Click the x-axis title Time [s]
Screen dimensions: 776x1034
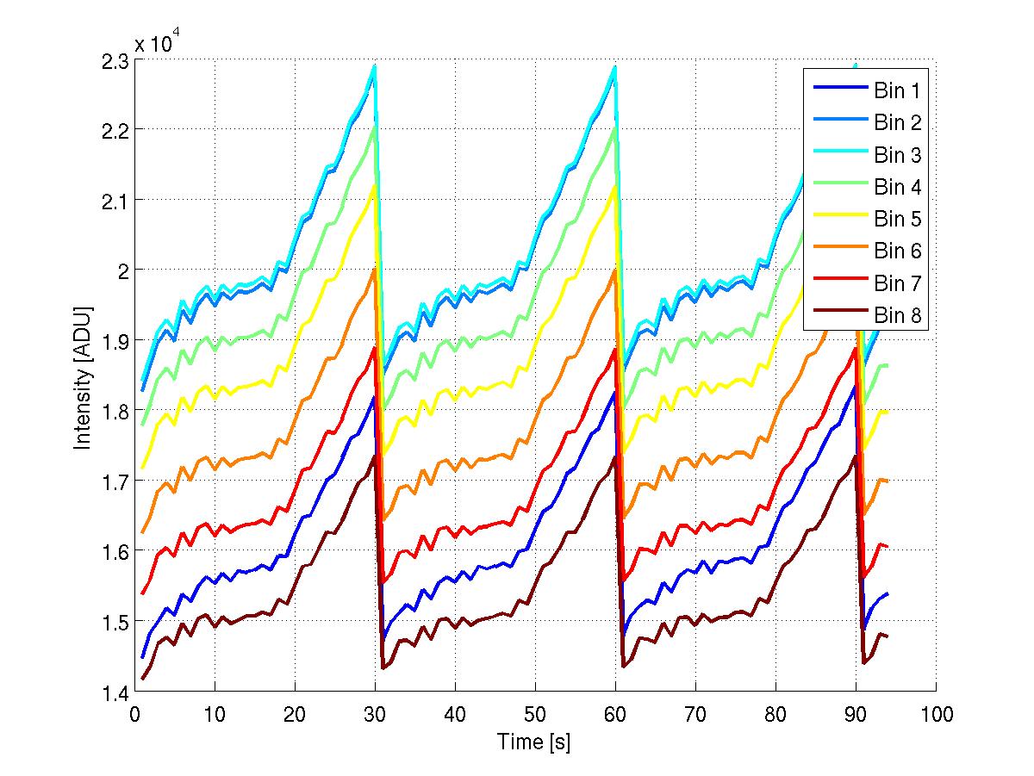click(534, 742)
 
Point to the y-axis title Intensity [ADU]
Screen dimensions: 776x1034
click(84, 376)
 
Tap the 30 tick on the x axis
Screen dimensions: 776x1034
click(375, 715)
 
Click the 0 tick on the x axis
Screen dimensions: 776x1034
click(134, 715)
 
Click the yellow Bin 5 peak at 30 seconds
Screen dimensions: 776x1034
click(374, 185)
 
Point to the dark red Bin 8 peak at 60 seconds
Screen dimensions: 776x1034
click(614, 456)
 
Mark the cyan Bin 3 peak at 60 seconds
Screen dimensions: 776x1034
click(614, 66)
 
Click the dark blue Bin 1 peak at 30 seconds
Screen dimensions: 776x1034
click(374, 397)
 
